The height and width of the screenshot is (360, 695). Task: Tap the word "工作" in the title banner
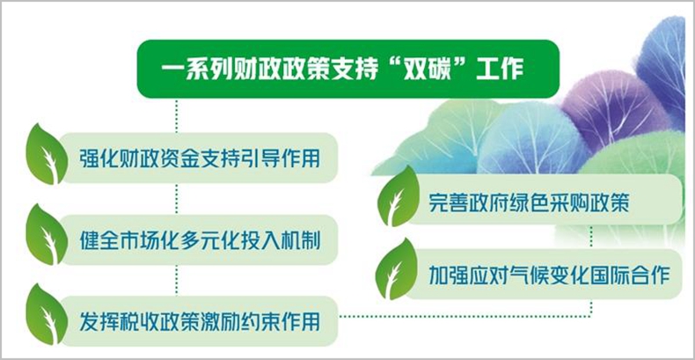(501, 70)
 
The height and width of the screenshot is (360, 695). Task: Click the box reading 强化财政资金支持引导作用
(200, 158)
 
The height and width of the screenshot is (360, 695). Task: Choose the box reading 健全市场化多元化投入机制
(200, 239)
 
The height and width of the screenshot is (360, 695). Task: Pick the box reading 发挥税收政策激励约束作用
(200, 321)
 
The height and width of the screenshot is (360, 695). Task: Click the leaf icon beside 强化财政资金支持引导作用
(47, 154)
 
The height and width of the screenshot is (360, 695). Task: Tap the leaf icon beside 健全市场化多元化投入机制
(47, 235)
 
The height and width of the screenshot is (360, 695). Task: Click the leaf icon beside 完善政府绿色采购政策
(398, 197)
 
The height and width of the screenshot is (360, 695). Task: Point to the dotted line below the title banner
(177, 115)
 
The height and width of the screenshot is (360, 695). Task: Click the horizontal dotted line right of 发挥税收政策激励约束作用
(465, 316)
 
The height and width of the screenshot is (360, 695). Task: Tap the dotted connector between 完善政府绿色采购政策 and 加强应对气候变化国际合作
(591, 237)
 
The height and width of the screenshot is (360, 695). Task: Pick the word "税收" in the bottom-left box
(139, 322)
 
